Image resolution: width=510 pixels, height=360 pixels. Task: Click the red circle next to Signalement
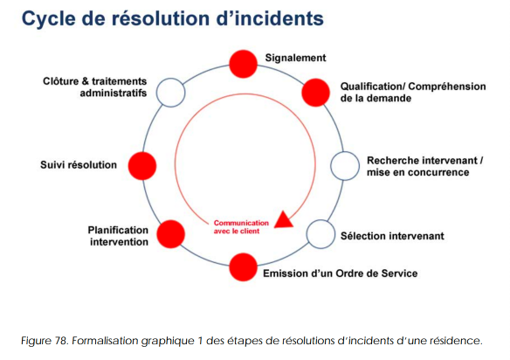coord(244,64)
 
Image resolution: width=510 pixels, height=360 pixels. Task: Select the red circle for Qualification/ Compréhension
coord(315,93)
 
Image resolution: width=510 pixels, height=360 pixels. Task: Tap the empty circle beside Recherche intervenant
coord(345,166)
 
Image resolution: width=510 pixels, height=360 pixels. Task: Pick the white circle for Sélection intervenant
coord(320,234)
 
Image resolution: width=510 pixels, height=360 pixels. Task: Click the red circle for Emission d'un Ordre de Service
coord(244,267)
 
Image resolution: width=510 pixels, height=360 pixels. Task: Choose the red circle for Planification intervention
coord(171,234)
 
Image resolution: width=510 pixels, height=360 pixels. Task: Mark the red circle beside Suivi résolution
coord(142,166)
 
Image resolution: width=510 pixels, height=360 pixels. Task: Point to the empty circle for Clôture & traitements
coord(171,93)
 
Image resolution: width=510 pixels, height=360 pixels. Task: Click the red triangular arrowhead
coord(284,219)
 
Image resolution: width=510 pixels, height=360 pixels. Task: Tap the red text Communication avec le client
coord(241,227)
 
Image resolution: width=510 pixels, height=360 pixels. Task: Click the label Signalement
coord(295,58)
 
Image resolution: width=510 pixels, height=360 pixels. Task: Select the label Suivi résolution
coord(79,164)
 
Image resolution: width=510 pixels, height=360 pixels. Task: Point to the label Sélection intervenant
coord(392,236)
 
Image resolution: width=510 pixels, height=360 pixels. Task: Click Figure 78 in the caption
coord(44,341)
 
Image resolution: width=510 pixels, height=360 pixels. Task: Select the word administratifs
coord(114,93)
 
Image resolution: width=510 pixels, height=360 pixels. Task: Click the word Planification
coord(118,230)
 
